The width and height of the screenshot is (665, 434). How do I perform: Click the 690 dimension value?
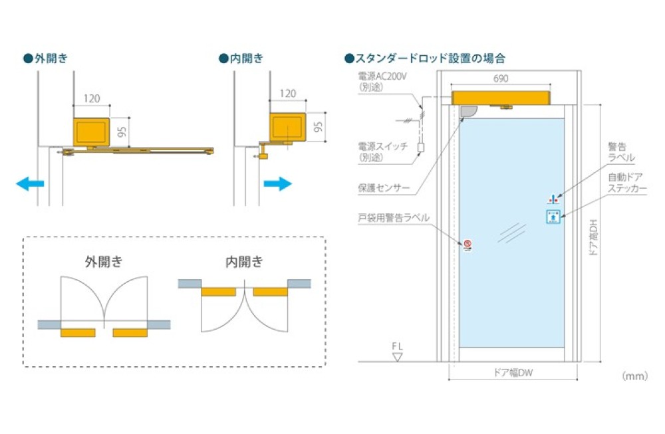tap(501, 78)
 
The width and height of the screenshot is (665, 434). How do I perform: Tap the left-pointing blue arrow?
tap(29, 183)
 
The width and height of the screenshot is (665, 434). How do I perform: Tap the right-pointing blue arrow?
tap(277, 183)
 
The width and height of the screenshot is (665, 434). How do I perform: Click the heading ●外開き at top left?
tap(45, 58)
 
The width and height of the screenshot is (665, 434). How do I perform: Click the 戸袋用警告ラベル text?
tap(392, 217)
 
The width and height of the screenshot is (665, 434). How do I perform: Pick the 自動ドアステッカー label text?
tap(627, 183)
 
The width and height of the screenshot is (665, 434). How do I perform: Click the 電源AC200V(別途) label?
tap(382, 80)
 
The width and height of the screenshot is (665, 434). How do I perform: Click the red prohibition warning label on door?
tap(467, 245)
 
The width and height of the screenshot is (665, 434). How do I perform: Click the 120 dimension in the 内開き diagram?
tap(288, 94)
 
